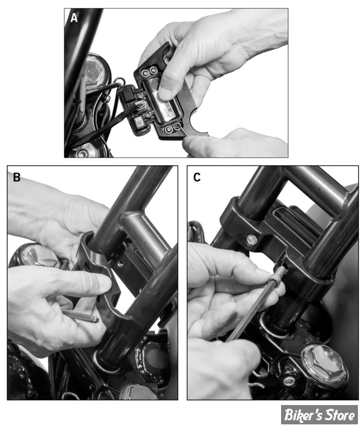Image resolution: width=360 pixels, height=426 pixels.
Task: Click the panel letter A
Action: coord(74,18)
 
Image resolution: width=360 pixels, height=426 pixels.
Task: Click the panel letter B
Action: coord(16,177)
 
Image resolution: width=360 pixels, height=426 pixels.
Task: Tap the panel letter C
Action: coord(197,177)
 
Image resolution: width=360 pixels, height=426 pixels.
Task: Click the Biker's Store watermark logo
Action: coord(319,414)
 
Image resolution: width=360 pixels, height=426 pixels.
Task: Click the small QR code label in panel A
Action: coord(139,123)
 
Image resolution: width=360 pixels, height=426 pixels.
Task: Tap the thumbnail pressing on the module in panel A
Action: coord(164,94)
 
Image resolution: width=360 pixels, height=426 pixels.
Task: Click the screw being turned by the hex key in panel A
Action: coord(177,126)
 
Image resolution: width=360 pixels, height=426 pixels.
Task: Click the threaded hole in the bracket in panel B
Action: coord(120,263)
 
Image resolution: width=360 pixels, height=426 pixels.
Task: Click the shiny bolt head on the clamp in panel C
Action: coord(251,240)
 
